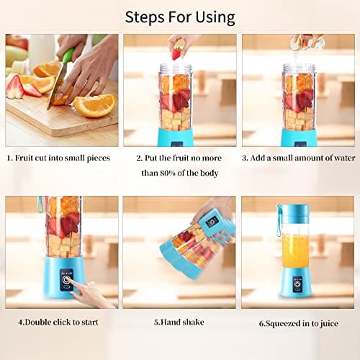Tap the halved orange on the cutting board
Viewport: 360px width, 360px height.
click(94, 105)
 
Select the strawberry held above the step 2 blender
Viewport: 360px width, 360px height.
click(176, 53)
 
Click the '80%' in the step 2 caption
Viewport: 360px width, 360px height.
click(177, 173)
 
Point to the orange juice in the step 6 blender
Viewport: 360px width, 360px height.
click(297, 251)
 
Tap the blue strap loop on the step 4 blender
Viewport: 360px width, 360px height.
click(40, 205)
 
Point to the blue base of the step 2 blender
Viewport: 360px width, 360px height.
click(176, 137)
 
